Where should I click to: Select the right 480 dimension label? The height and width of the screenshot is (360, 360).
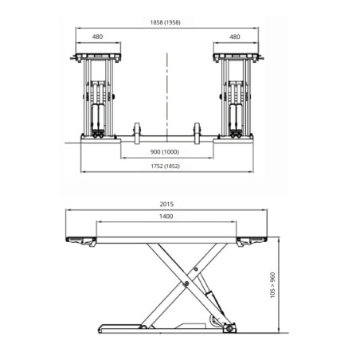[234, 37]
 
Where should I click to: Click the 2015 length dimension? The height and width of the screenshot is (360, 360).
[166, 204]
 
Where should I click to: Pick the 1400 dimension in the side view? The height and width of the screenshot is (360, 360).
[166, 217]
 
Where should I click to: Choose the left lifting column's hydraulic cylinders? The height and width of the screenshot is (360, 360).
[98, 108]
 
